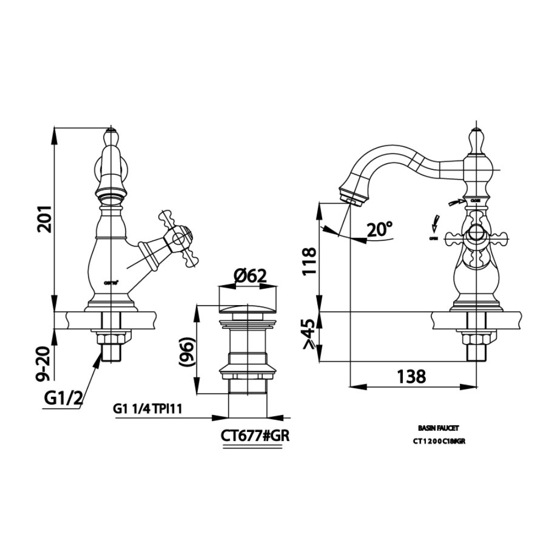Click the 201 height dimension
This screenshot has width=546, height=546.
[x=45, y=219]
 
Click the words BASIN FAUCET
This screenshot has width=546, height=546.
[x=434, y=430]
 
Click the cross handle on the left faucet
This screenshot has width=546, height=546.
[x=177, y=239]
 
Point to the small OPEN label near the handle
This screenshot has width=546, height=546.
[x=434, y=239]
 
